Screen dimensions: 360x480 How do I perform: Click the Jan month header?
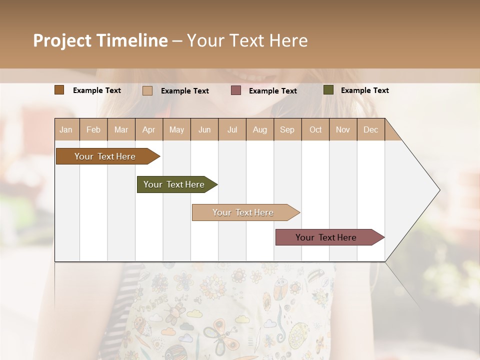[66, 129]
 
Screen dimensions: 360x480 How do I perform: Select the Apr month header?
[149, 129]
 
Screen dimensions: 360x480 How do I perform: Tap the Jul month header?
[232, 129]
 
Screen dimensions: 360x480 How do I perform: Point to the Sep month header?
[287, 129]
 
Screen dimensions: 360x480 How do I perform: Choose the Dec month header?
[370, 129]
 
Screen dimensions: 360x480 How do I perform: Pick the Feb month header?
[93, 129]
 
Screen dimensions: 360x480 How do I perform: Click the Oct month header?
[315, 129]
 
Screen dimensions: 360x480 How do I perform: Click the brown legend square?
[59, 90]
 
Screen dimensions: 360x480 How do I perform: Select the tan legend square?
[147, 90]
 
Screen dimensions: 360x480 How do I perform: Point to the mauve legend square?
[236, 90]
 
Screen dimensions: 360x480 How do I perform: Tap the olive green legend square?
[328, 90]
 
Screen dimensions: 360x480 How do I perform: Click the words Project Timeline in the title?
[100, 40]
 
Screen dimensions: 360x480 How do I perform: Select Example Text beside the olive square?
[364, 90]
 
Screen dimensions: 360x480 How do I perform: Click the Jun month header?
[204, 129]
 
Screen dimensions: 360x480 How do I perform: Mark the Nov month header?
[342, 129]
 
